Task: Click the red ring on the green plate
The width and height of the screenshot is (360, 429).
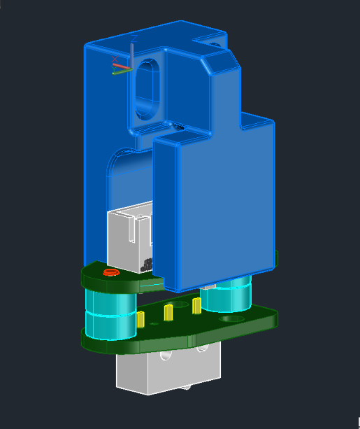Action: click(x=108, y=272)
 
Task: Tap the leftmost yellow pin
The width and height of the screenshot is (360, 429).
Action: click(x=141, y=320)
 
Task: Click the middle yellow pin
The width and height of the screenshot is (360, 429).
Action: click(x=168, y=312)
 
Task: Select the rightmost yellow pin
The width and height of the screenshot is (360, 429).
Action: click(x=196, y=305)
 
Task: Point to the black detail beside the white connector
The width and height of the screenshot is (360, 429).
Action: click(x=147, y=265)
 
